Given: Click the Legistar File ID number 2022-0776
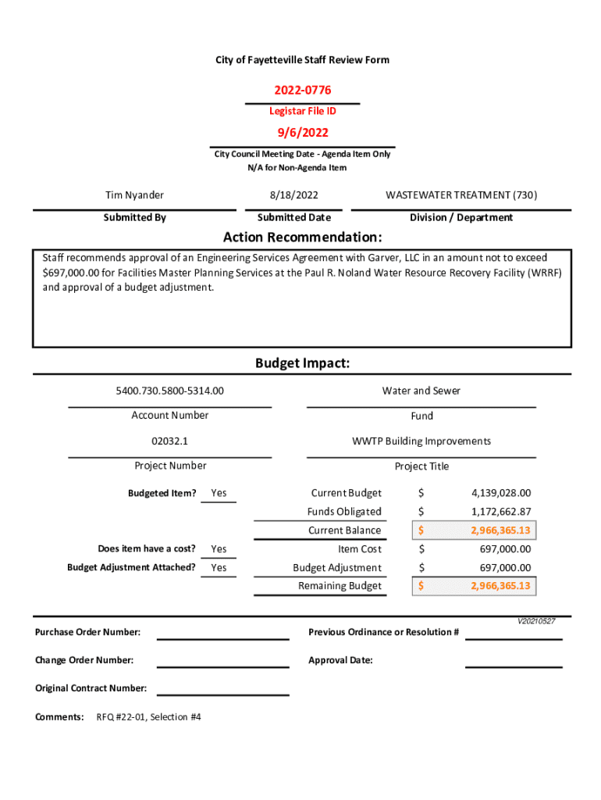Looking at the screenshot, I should (301, 91).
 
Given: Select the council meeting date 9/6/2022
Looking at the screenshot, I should (301, 134).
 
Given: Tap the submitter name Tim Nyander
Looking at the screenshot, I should (134, 195).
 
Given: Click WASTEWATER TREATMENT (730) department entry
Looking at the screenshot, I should (461, 195).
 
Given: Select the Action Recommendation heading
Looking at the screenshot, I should (302, 237).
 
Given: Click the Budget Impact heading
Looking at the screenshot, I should (302, 364).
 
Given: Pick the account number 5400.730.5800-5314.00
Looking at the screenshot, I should (169, 391).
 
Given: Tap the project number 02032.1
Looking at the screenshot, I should (169, 441).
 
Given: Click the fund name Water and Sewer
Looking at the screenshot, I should (421, 391).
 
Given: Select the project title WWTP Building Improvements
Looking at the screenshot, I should (421, 441).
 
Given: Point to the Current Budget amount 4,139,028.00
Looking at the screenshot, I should (500, 493).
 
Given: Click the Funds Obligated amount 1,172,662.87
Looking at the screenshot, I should (500, 512).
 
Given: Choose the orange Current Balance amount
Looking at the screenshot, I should (500, 530).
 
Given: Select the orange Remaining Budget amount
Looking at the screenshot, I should (500, 586).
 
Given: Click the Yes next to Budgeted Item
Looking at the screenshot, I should (219, 493).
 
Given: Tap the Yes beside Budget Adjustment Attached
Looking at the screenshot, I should (219, 568).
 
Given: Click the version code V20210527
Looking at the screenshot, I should (535, 621).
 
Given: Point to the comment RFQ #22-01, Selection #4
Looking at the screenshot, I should (148, 716).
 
